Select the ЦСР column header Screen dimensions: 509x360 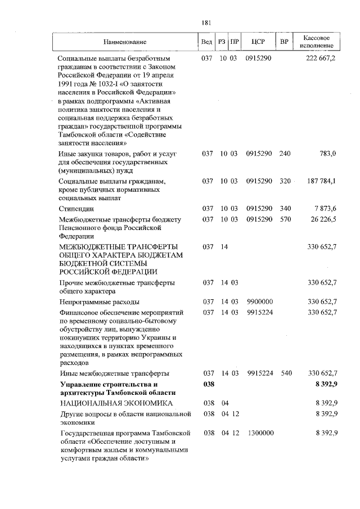[x=259, y=42]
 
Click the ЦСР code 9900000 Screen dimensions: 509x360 [x=259, y=302]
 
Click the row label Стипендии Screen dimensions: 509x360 [x=73, y=209]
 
